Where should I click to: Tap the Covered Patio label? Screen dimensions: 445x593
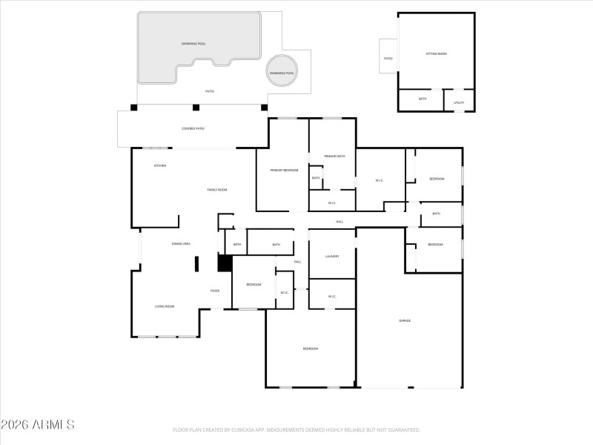click(193, 128)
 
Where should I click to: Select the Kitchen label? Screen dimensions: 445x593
click(159, 165)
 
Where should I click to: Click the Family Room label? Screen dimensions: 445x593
click(216, 190)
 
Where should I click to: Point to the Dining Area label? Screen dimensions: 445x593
click(182, 243)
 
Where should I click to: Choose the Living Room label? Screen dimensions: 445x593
click(164, 306)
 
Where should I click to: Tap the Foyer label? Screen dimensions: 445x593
click(215, 291)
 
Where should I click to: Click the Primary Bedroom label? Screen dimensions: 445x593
click(284, 171)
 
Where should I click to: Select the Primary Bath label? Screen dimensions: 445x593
click(335, 156)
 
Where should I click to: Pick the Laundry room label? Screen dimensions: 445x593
click(332, 256)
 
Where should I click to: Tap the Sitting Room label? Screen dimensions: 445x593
click(436, 54)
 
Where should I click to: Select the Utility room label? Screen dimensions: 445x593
click(458, 102)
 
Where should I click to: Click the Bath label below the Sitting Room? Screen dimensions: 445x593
click(423, 99)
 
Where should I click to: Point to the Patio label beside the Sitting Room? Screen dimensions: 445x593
click(388, 58)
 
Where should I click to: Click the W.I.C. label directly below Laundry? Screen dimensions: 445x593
click(331, 297)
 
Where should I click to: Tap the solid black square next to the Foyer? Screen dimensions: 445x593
click(225, 263)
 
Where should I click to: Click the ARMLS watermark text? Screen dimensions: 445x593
click(38, 425)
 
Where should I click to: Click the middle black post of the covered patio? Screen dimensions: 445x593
click(196, 108)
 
